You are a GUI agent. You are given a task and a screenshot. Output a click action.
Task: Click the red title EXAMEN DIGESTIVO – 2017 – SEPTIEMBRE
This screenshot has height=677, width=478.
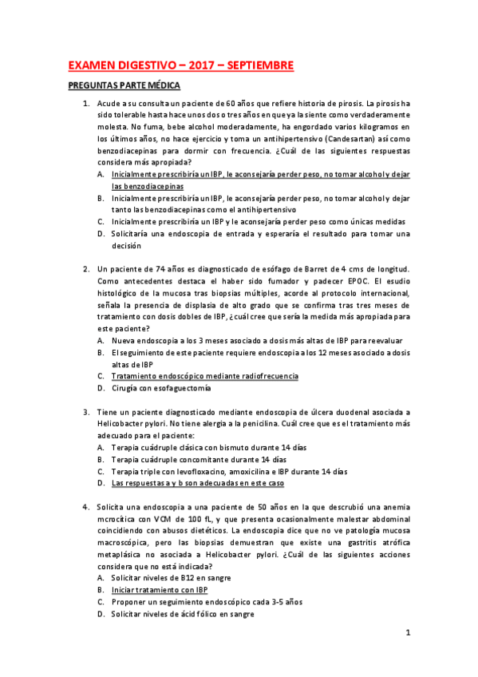(180, 65)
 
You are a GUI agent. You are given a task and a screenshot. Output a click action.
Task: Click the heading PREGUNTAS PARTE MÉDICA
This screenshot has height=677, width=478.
(124, 85)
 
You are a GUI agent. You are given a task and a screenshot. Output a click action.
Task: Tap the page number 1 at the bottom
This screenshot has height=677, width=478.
(407, 634)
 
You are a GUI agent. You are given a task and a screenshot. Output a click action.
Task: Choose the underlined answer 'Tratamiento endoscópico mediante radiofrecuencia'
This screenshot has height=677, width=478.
(205, 375)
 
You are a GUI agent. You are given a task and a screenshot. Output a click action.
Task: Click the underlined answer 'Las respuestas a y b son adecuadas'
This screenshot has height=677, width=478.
(197, 483)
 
